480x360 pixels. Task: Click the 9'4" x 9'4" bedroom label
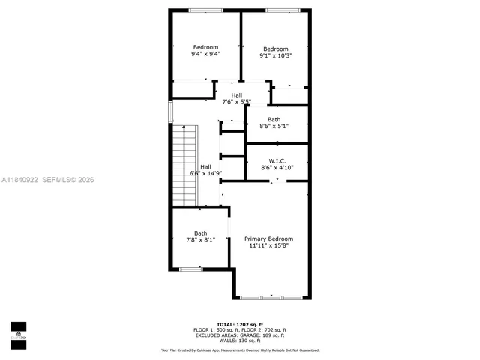tap(205, 50)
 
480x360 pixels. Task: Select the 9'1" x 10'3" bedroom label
tap(275, 52)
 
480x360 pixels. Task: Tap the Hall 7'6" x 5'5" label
tap(236, 98)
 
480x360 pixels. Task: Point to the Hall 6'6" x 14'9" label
tap(205, 170)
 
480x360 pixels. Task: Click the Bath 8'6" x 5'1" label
tap(274, 123)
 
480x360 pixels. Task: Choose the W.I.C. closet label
tap(277, 164)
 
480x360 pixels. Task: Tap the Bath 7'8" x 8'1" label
tap(200, 236)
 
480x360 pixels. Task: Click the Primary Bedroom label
tap(268, 238)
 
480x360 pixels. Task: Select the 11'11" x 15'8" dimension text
tap(268, 245)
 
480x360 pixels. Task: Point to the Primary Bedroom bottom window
tap(262, 296)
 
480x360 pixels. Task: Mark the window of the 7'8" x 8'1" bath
tap(190, 268)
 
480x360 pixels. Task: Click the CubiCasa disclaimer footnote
tap(239, 350)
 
